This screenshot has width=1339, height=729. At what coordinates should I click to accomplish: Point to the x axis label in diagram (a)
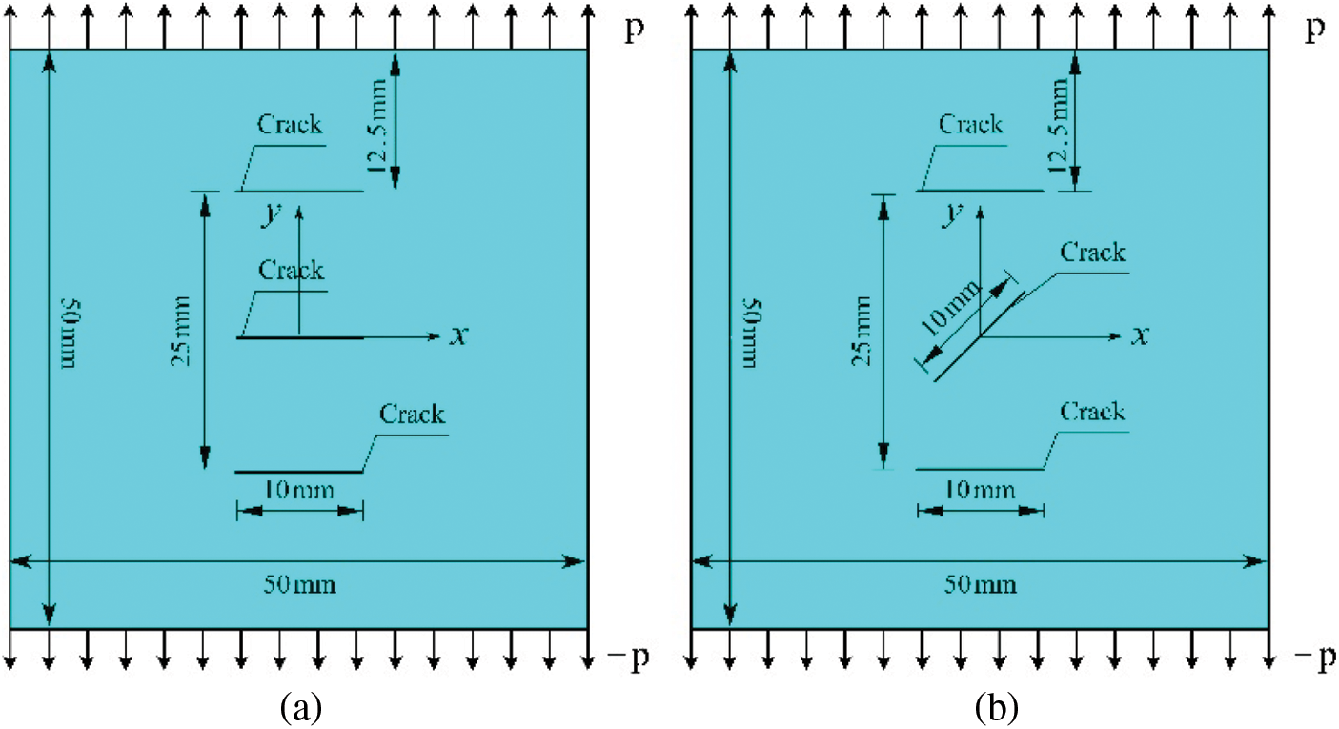458,335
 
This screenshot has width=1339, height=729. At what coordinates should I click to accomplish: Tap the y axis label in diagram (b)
950,214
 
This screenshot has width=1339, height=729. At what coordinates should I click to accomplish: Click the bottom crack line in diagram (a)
299,472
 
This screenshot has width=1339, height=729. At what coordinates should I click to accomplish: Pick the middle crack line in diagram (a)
299,337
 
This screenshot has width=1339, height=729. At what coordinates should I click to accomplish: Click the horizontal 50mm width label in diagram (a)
300,583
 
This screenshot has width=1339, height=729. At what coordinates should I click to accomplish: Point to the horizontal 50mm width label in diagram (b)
982,583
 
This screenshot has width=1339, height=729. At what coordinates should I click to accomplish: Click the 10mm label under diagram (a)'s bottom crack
299,490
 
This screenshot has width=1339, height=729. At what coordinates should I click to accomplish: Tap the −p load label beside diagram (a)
625,658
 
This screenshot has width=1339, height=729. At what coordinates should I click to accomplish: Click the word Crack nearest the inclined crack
1093,253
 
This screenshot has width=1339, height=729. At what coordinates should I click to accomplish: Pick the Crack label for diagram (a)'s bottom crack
412,415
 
